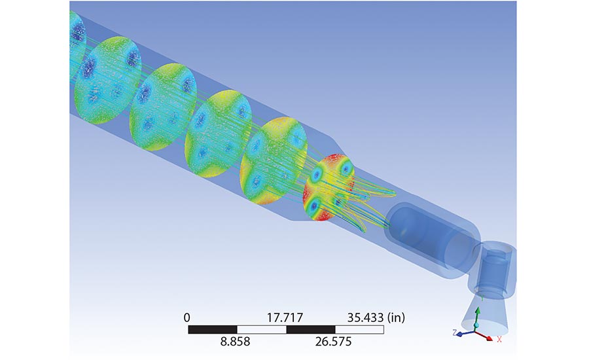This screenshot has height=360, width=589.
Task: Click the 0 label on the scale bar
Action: [x=187, y=318]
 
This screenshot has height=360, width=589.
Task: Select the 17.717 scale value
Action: [x=285, y=318]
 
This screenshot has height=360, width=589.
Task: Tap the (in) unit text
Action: [x=396, y=318]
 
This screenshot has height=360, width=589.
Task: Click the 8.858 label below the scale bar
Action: [x=235, y=341]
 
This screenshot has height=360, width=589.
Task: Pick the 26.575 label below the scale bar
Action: [x=334, y=341]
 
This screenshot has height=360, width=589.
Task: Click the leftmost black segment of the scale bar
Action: [x=213, y=329]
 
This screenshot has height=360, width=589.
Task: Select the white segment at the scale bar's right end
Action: [x=359, y=329]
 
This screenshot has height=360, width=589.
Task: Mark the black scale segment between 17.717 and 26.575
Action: [x=311, y=329]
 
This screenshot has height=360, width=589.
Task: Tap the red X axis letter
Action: [x=499, y=339]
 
